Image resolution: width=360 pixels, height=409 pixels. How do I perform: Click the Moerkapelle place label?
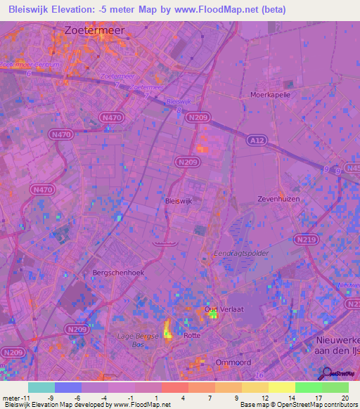click(271, 93)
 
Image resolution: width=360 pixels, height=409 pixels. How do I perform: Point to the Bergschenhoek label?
click(113, 272)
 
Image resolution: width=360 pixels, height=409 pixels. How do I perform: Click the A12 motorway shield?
click(256, 141)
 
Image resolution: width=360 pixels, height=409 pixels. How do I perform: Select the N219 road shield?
click(306, 240)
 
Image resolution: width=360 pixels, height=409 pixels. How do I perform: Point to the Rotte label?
click(191, 335)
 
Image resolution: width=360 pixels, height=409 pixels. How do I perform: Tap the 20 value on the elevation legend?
click(345, 397)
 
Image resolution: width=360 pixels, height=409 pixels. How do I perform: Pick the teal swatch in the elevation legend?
click(41, 387)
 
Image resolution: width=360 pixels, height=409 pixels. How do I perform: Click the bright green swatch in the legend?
click(308, 387)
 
